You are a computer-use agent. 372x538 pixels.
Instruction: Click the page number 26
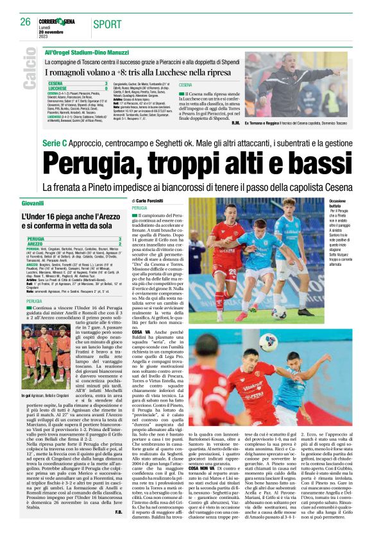coord(26,22)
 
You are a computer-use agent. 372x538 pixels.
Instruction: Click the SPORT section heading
coord(106,24)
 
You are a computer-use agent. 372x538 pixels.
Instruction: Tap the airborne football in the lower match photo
coord(268,343)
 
